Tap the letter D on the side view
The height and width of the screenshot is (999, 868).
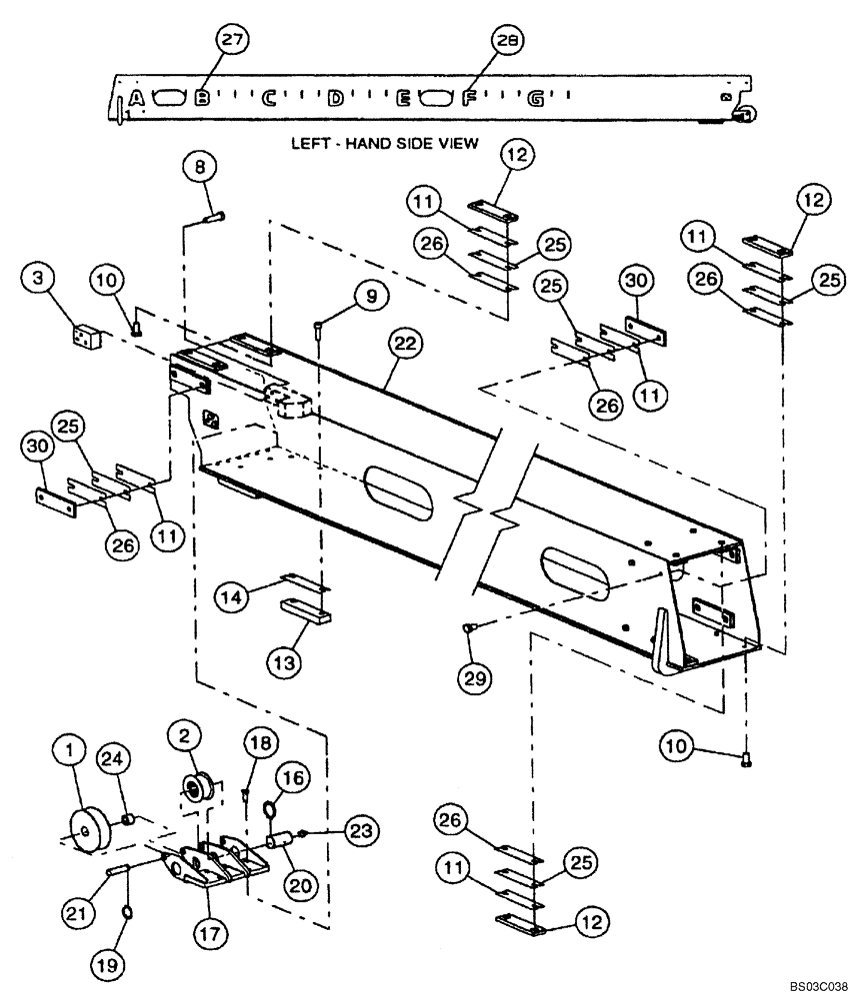pos(336,98)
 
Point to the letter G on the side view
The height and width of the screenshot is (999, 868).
pos(537,98)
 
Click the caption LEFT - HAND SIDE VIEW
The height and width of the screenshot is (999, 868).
pos(385,144)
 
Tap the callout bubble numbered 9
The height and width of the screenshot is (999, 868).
pos(370,295)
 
